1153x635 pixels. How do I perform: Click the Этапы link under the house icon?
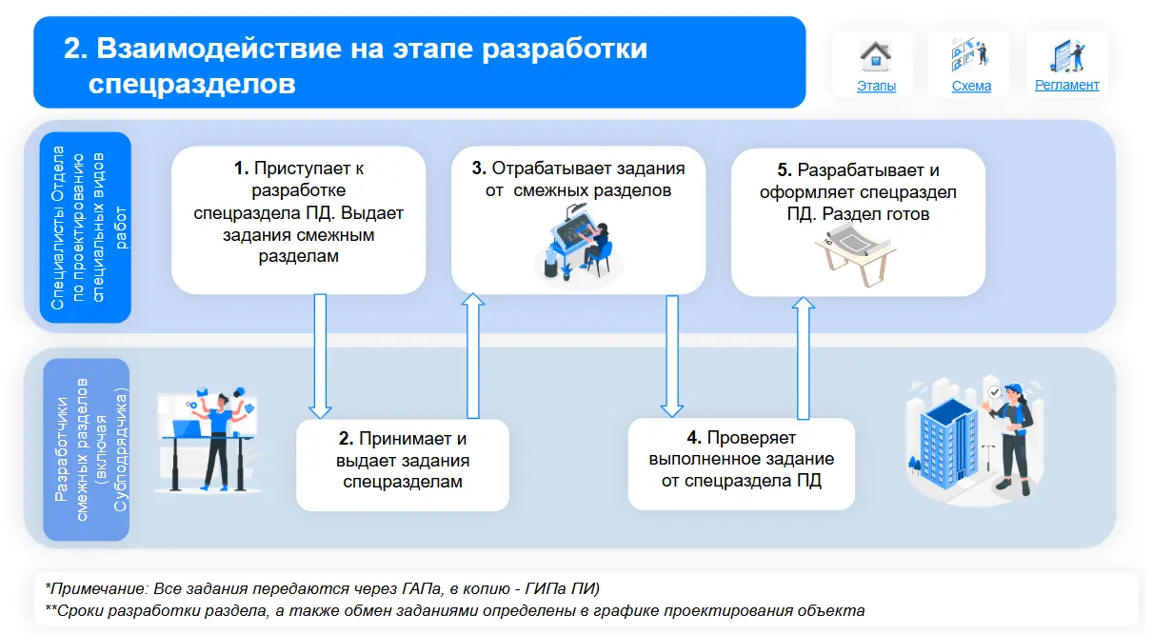tap(876, 86)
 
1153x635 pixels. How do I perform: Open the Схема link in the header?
tap(971, 86)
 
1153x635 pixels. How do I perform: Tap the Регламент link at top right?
tap(1066, 85)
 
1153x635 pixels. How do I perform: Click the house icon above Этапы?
tap(876, 55)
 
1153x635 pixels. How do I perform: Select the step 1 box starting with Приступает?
tap(298, 220)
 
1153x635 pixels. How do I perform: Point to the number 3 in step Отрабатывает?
tap(479, 169)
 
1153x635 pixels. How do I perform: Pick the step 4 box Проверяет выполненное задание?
tap(741, 463)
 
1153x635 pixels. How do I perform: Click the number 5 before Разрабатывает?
tap(784, 170)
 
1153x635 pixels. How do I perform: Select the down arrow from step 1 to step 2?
tap(320, 356)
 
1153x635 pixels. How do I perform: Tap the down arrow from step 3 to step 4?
tap(672, 356)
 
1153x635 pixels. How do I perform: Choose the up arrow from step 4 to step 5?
tap(804, 356)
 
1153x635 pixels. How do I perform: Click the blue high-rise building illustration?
tap(946, 438)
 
